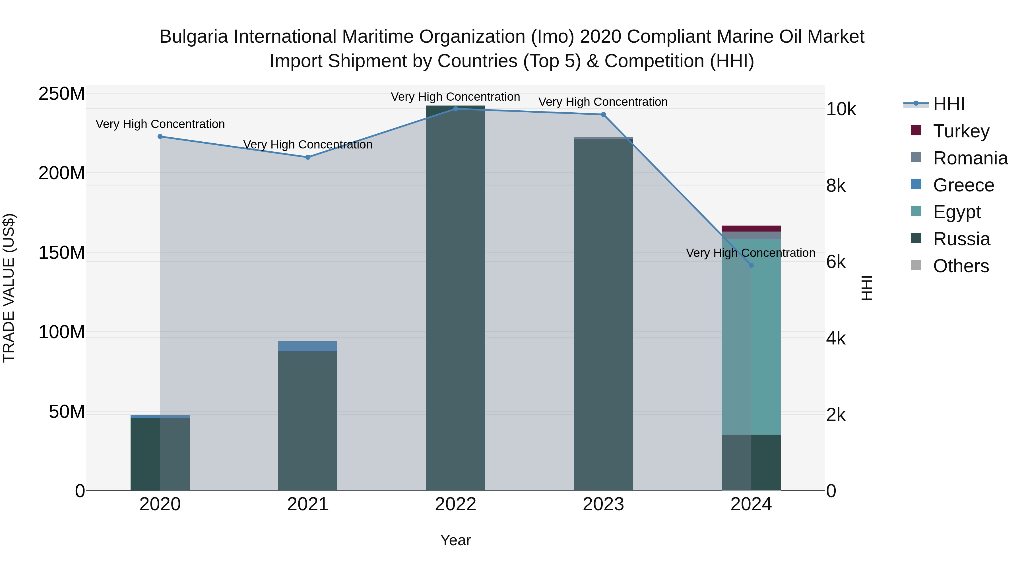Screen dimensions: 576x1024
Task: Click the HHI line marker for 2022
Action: (x=456, y=109)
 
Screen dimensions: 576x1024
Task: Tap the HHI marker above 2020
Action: (x=160, y=136)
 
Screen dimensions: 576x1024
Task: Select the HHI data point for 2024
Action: (x=751, y=265)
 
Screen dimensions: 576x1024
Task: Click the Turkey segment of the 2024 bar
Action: (x=751, y=229)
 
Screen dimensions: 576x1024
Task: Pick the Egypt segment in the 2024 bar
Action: (x=751, y=338)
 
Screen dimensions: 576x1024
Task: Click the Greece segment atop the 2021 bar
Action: (x=308, y=346)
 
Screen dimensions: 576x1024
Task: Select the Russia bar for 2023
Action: (x=603, y=314)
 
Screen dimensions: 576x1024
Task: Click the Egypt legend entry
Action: (x=956, y=212)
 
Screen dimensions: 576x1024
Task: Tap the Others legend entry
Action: (x=960, y=266)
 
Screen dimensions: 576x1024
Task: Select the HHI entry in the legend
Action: (x=948, y=104)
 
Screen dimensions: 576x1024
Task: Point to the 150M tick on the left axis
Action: (x=62, y=253)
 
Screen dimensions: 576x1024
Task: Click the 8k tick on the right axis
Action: (x=836, y=186)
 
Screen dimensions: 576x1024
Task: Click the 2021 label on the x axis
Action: (x=308, y=504)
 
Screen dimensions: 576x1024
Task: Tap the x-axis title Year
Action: (x=456, y=540)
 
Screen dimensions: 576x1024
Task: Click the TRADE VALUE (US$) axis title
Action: (x=9, y=288)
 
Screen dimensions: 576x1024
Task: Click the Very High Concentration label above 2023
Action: (x=603, y=102)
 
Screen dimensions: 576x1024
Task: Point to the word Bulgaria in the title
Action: (x=194, y=37)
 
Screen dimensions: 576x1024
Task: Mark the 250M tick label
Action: (x=62, y=94)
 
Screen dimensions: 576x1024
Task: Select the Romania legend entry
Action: (x=970, y=158)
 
